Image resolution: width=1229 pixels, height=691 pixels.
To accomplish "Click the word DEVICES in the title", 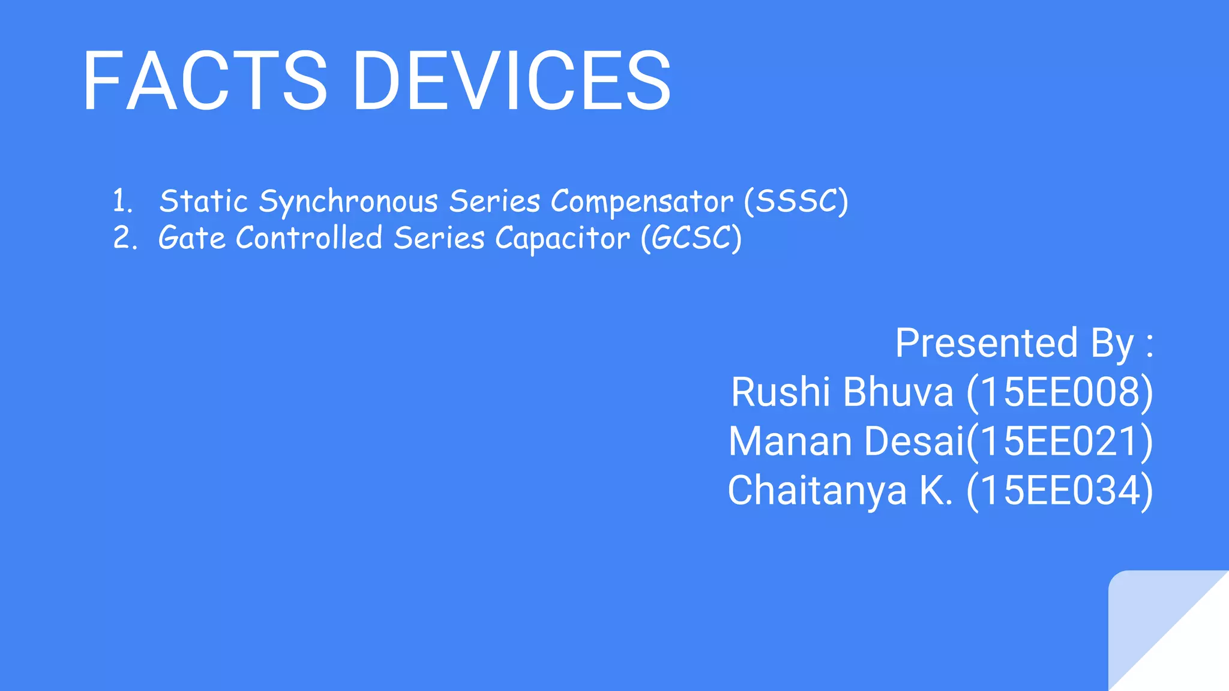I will (511, 82).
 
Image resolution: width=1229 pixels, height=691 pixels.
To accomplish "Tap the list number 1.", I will (122, 201).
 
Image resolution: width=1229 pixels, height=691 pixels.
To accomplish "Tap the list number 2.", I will (124, 238).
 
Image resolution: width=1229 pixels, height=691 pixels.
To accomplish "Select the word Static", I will (203, 201).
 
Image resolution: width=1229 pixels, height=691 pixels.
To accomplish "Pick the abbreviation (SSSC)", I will (796, 202).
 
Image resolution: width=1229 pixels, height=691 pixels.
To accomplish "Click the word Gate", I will (192, 238).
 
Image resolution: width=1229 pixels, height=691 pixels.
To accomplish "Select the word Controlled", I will (309, 238).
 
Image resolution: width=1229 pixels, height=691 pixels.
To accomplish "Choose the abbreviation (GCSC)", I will (691, 239).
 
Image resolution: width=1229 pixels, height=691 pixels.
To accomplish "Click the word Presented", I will (986, 343).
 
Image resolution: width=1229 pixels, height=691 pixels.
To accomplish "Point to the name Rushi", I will (780, 392).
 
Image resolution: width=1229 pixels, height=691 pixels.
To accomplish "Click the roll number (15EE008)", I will (1059, 393).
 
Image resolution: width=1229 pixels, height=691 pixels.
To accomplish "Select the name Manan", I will (790, 441).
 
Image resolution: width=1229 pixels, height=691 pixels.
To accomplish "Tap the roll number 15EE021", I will (1061, 442).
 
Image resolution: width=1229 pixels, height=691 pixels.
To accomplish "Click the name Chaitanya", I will (816, 491).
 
